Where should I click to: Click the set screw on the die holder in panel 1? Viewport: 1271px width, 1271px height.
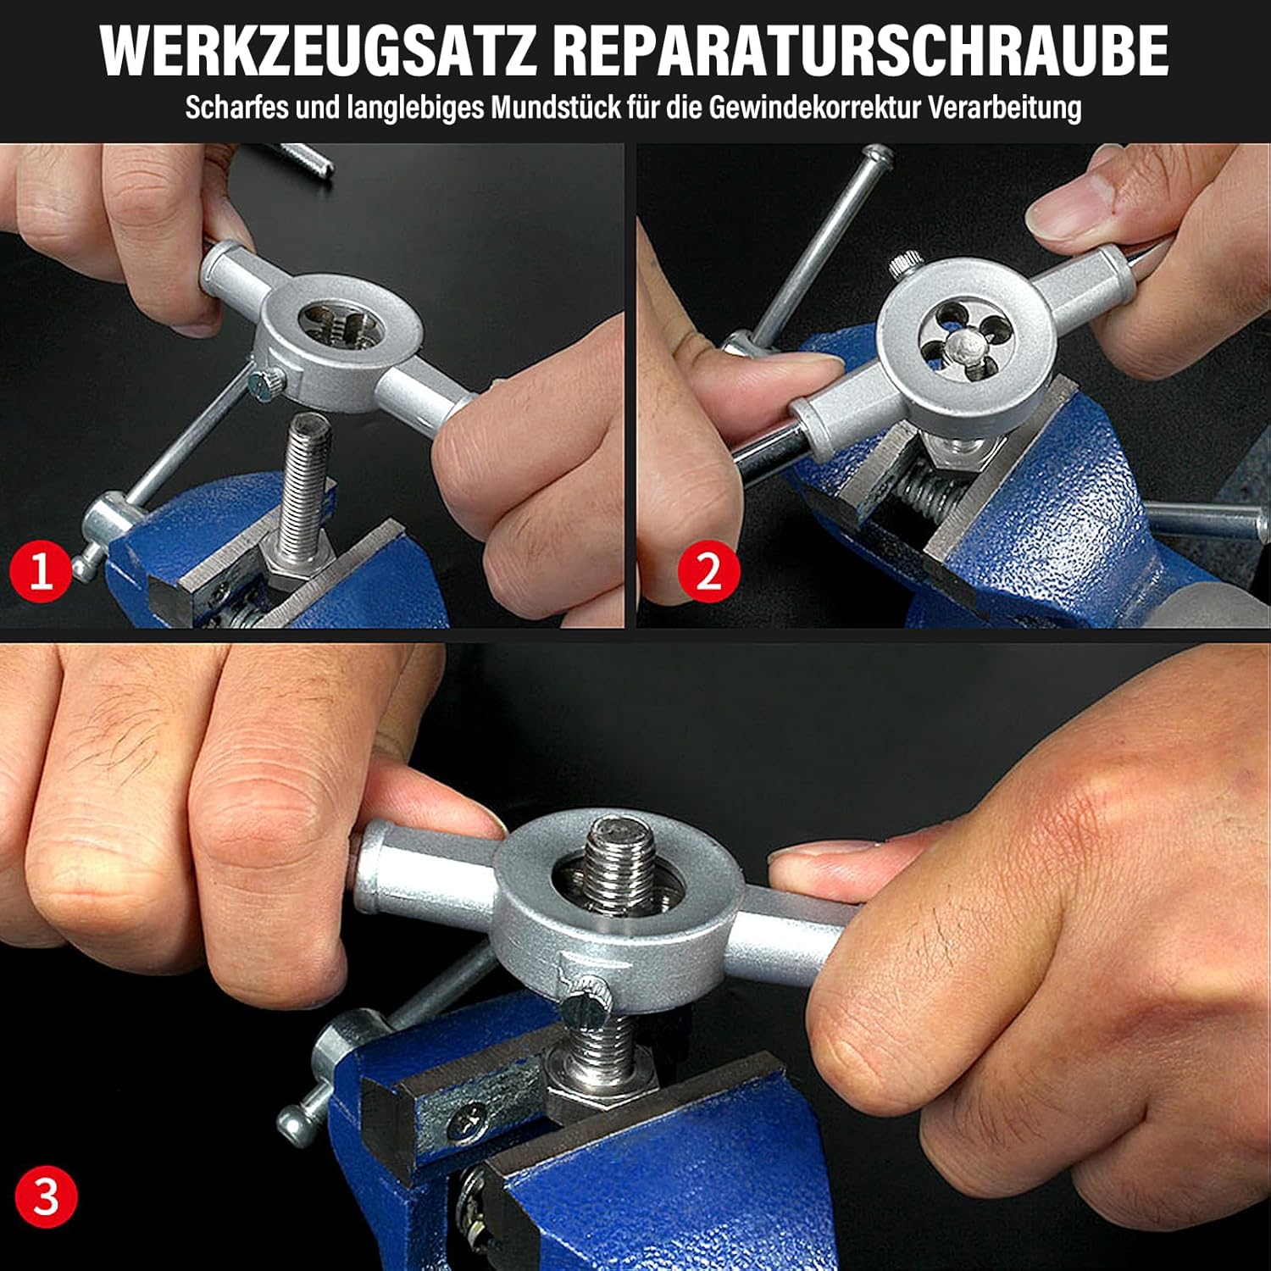(265, 382)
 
